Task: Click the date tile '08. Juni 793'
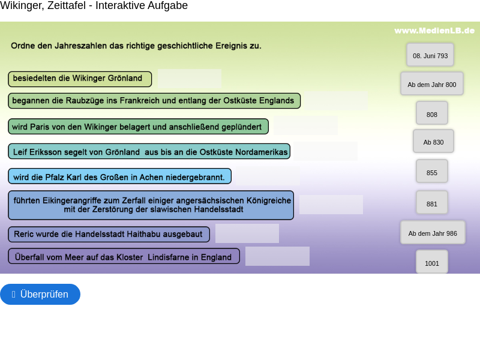pos(430,55)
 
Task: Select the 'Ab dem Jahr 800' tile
pos(431,84)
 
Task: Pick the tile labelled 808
pos(431,113)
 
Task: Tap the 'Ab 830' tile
pos(433,142)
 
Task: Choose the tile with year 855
pos(431,172)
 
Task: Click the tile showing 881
pos(431,203)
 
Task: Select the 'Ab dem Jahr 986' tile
pos(433,233)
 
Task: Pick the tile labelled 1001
pos(431,262)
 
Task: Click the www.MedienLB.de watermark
pos(434,31)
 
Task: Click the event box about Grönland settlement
pos(80,79)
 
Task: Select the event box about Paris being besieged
pos(138,127)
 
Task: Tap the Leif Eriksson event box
pos(149,152)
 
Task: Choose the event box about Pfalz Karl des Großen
pos(119,176)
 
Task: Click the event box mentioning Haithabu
pos(109,234)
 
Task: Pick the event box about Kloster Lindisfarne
pos(124,257)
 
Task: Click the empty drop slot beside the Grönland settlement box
pos(190,79)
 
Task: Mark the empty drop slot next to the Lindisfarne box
pos(277,256)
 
